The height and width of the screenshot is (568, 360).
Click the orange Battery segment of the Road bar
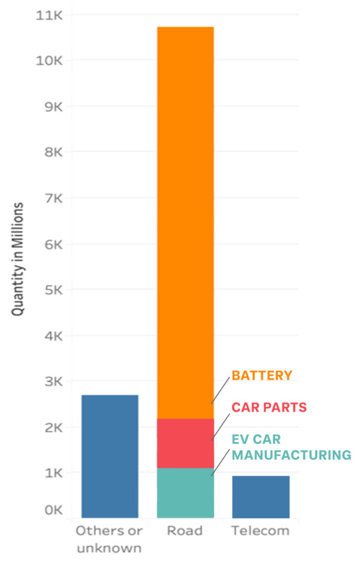(185, 222)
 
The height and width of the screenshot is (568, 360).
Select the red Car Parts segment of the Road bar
(185, 443)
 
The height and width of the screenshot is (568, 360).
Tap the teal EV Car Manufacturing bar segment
(185, 493)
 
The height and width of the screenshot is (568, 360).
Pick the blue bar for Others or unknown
(110, 456)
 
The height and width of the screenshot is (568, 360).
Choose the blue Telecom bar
(261, 496)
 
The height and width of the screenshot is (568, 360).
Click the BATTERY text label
(262, 376)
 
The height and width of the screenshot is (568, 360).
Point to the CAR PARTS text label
(269, 408)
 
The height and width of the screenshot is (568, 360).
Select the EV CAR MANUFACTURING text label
(291, 447)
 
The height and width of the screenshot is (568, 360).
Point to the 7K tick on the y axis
(54, 198)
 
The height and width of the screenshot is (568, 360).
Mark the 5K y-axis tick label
(54, 290)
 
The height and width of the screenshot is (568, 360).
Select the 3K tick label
(54, 382)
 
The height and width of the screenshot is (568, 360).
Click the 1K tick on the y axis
(54, 473)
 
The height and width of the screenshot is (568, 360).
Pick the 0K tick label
(54, 510)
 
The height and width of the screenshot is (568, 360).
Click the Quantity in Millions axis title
(18, 259)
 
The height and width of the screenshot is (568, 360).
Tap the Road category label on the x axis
(185, 531)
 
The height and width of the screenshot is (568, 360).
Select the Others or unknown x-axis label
(109, 539)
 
